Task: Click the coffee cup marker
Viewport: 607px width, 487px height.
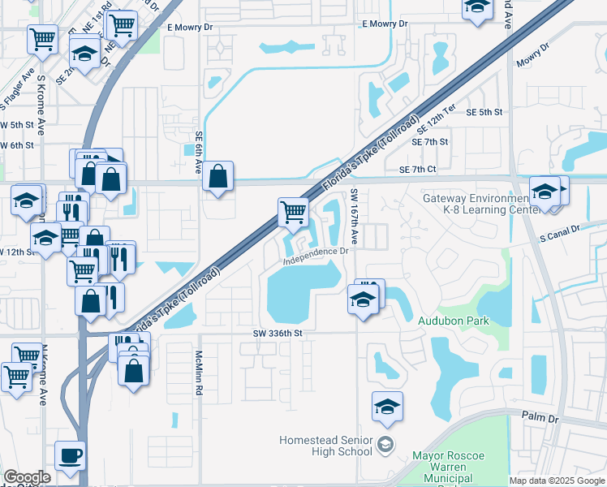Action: (70, 457)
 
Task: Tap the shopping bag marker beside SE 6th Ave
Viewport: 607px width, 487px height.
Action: (218, 177)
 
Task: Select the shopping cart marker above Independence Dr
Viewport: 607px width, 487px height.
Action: (293, 213)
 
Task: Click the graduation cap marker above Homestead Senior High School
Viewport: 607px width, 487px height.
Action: (388, 407)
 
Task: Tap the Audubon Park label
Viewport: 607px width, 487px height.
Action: (454, 321)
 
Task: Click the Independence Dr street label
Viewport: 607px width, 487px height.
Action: (316, 252)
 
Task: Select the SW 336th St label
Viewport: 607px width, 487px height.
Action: (277, 333)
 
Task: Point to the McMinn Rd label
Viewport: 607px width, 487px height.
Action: (198, 373)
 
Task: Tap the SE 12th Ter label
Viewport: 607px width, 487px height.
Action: (437, 119)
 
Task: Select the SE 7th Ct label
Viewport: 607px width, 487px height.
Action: (418, 169)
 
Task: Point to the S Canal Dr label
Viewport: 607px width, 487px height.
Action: (560, 229)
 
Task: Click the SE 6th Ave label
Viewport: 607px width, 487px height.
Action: (198, 154)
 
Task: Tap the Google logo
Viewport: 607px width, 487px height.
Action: (27, 477)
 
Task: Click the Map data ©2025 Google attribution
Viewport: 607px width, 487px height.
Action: (557, 481)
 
